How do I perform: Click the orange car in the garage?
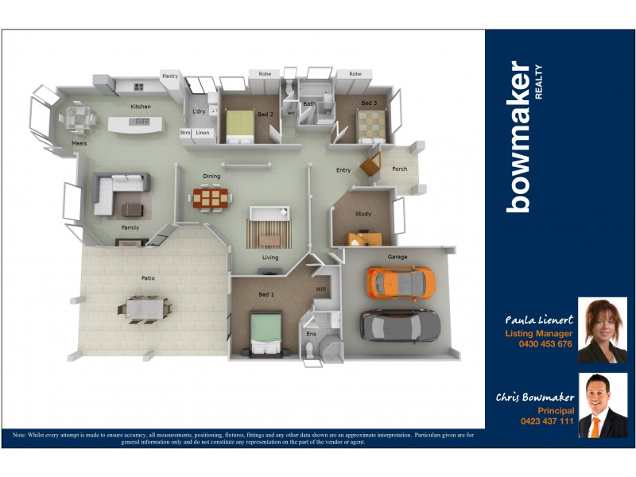400,281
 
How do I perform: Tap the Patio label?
149,277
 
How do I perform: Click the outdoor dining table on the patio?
145,307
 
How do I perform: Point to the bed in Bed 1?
267,332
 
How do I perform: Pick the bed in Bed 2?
238,126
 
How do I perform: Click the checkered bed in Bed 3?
370,124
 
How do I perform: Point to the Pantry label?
170,76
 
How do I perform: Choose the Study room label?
363,213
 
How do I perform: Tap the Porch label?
400,169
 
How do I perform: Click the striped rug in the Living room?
269,234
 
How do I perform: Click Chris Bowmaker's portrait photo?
603,405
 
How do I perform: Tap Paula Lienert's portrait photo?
603,330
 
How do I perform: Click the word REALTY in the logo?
538,80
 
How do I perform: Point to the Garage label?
397,257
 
